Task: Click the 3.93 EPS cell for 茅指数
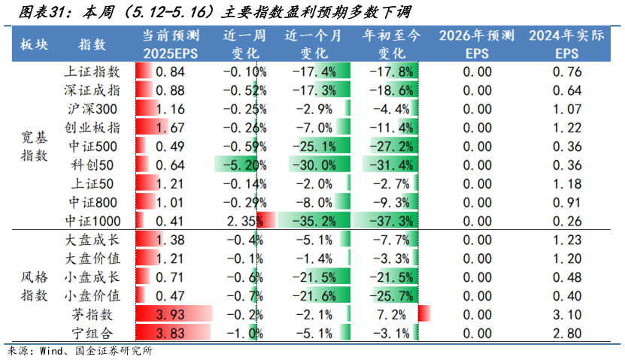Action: (x=172, y=314)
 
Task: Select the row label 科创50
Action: (x=93, y=165)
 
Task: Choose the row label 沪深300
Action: (x=93, y=109)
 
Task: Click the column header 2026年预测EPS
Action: (x=477, y=44)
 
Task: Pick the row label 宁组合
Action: (x=93, y=333)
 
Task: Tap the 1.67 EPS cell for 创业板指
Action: (x=172, y=128)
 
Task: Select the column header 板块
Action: (x=34, y=44)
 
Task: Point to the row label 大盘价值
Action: (x=93, y=259)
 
